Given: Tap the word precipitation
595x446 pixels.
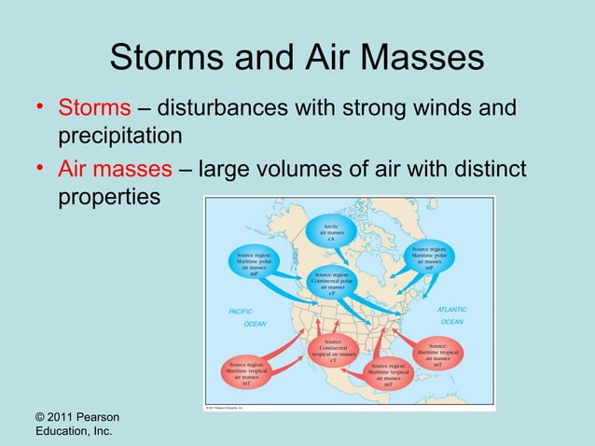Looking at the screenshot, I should [x=119, y=137].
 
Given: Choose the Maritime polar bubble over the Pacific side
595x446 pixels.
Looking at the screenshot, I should [x=254, y=263].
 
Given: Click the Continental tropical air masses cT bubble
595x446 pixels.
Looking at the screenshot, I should [x=333, y=351].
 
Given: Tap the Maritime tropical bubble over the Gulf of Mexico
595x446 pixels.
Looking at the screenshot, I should [x=388, y=375].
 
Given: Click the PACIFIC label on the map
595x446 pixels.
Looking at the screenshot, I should [x=242, y=311].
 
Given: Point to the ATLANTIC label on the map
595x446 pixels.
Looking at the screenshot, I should [x=451, y=309].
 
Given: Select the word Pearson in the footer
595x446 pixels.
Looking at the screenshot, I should [x=99, y=415].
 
